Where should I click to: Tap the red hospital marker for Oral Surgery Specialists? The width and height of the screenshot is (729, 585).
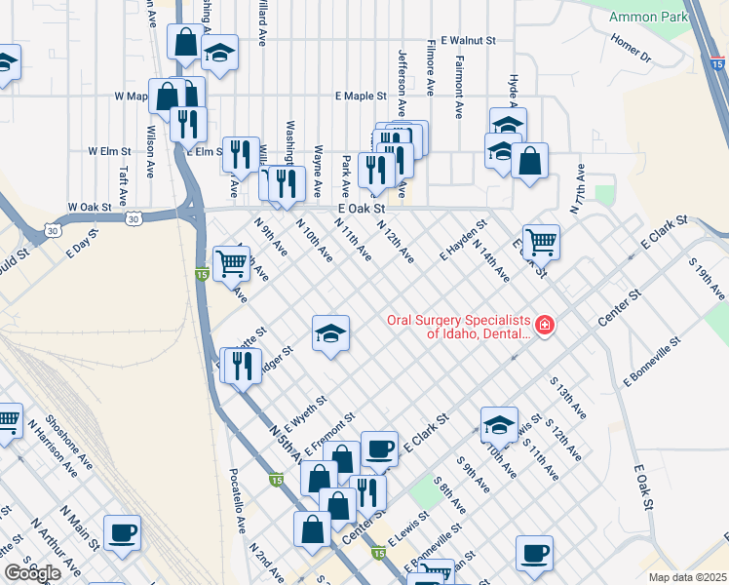point(544,325)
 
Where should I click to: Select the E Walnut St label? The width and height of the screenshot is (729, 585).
point(469,41)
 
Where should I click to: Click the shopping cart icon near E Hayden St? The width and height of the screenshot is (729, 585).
point(541,241)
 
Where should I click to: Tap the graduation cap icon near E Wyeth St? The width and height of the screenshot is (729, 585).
point(330,333)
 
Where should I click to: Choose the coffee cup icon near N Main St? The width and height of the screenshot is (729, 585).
point(123,532)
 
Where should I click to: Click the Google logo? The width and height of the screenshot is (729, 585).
point(32,573)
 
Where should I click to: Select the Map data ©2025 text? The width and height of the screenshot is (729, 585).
point(688,577)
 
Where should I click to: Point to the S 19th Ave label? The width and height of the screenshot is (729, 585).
point(707,280)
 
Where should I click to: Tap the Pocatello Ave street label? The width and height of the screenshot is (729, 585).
point(238,498)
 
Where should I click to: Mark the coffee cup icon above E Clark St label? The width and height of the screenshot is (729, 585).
point(379,448)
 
